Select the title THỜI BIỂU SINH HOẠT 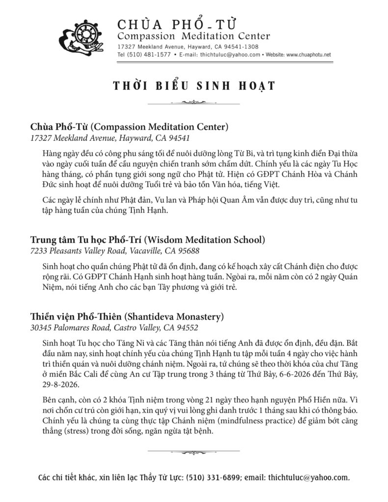[194, 85]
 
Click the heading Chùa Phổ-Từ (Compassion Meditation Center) [129, 127]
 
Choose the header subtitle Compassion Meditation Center [193, 37]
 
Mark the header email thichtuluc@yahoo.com [230, 55]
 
